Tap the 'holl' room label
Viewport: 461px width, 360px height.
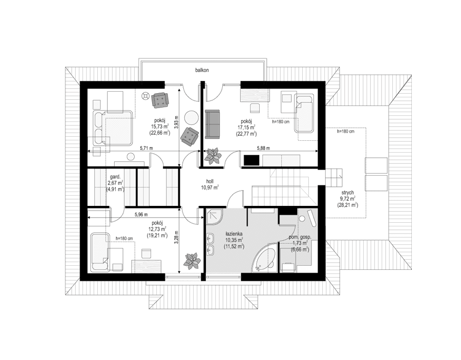coord(209,181)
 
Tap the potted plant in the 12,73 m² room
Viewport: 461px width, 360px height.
coord(193,260)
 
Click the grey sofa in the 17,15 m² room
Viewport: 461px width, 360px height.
coord(212,123)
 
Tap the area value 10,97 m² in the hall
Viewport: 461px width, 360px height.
coord(209,187)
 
